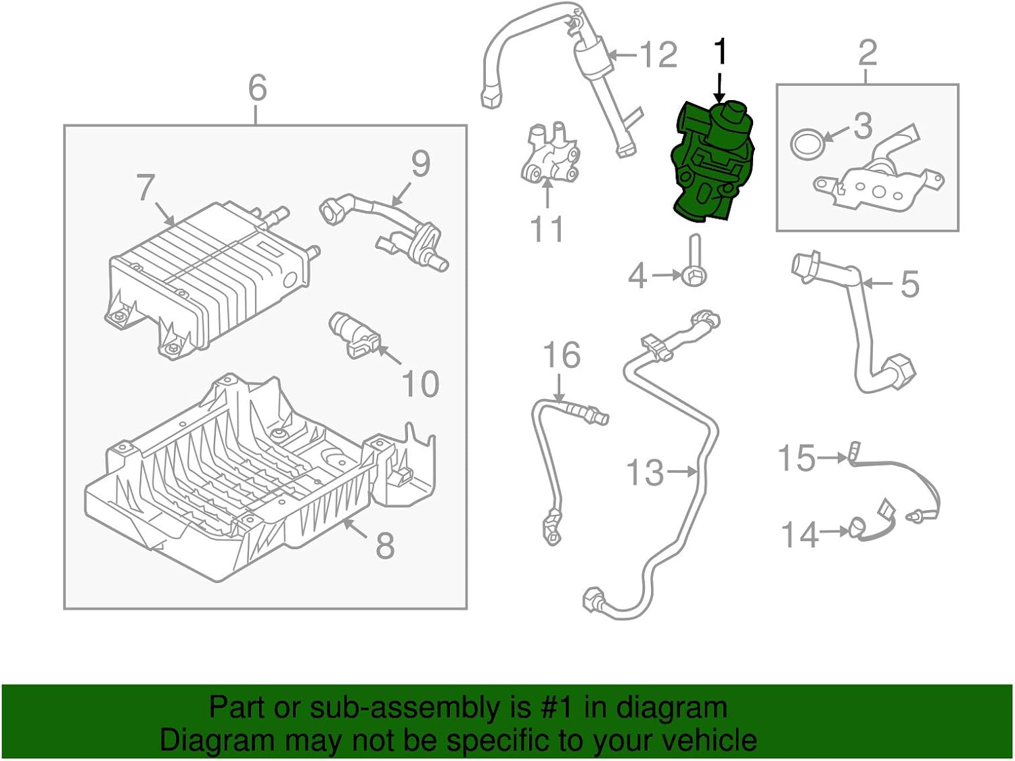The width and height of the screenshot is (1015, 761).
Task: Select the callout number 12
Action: click(x=658, y=54)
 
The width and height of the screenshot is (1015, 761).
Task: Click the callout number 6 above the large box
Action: click(x=257, y=88)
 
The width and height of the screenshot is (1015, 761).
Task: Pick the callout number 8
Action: click(x=384, y=545)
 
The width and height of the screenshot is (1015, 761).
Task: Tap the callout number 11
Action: click(x=547, y=229)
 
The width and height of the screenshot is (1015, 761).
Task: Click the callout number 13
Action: click(x=644, y=472)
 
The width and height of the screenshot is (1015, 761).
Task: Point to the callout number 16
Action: click(x=562, y=355)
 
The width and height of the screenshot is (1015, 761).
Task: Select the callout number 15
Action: click(x=796, y=458)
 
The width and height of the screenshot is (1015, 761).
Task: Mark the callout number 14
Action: click(x=800, y=534)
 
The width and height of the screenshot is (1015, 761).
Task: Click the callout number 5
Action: click(x=909, y=283)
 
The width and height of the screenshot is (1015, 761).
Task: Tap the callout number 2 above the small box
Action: click(x=867, y=52)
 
